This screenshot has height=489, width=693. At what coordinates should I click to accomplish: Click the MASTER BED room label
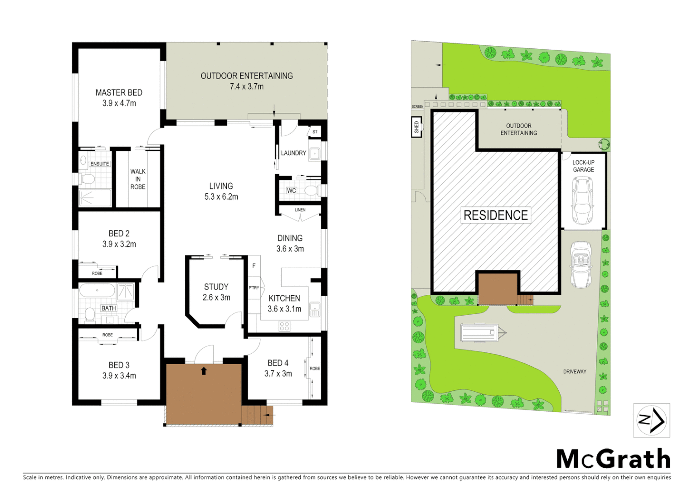(x=119, y=93)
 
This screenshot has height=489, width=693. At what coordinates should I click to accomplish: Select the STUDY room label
(x=216, y=287)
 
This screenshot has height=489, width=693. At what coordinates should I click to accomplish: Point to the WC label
(x=291, y=191)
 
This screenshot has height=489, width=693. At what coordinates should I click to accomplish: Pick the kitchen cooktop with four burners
(x=284, y=326)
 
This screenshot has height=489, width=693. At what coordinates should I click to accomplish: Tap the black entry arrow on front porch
(x=204, y=371)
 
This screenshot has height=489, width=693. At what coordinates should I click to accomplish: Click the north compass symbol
(x=651, y=421)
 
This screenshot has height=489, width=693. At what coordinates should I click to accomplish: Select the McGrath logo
(x=613, y=459)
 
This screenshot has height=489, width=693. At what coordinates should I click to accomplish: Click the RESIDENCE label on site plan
(x=496, y=215)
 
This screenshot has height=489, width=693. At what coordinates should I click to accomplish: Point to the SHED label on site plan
(x=416, y=127)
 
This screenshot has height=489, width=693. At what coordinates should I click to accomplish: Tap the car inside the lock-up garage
(x=582, y=201)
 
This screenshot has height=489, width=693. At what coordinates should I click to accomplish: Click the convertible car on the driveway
(x=581, y=264)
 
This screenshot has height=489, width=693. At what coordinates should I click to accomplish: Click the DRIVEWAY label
(x=575, y=372)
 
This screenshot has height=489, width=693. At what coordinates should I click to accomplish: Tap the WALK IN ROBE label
(x=138, y=179)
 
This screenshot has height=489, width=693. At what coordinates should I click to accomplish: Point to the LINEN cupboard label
(x=300, y=210)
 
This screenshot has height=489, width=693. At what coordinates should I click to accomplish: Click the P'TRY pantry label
(x=254, y=288)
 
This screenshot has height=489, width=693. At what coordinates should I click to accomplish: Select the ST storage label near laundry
(x=315, y=132)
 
